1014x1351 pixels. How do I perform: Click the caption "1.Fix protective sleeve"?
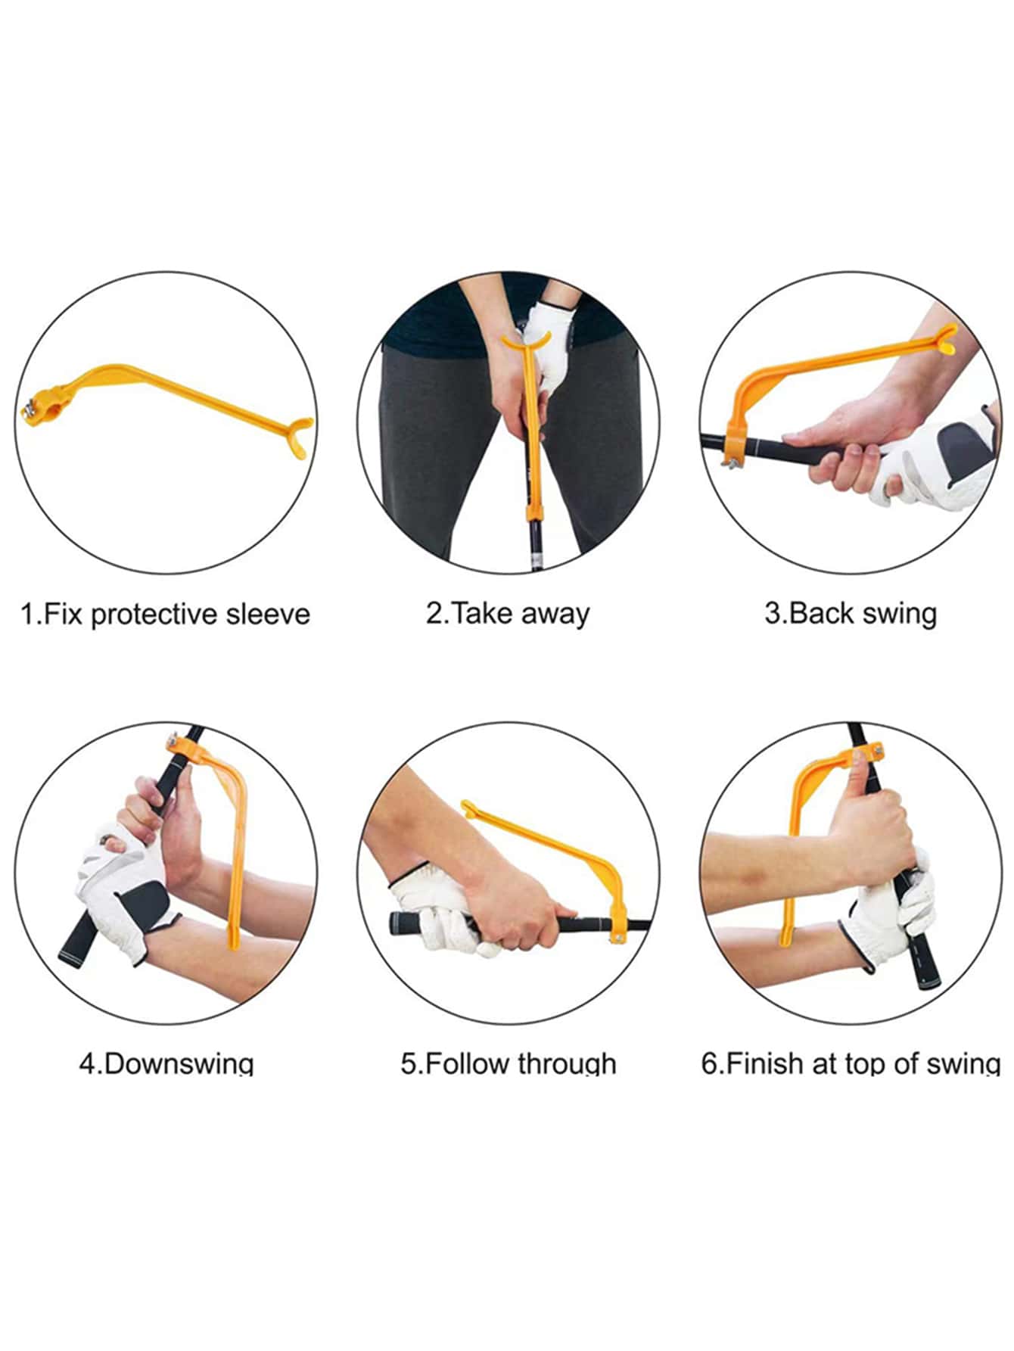(165, 614)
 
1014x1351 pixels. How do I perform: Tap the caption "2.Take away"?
(507, 613)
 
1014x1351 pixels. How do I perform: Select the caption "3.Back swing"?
(851, 613)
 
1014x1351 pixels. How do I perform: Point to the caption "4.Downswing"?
(166, 1063)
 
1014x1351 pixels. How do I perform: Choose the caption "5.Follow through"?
(508, 1063)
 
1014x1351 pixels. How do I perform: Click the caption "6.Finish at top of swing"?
(851, 1063)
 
